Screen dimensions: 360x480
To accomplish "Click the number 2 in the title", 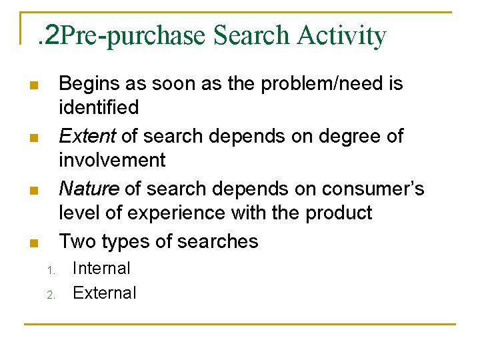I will click(51, 35).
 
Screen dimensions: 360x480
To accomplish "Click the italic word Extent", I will click(87, 136).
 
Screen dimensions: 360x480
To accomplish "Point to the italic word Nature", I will click(89, 189).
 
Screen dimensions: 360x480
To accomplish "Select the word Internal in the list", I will click(101, 269).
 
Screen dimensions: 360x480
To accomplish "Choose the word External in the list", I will click(104, 293).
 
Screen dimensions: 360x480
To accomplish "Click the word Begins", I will click(90, 84).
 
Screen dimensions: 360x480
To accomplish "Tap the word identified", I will click(99, 107).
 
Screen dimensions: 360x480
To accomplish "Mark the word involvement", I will click(112, 160).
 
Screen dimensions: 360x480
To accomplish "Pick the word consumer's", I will click(373, 189).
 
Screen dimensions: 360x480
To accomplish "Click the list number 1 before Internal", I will click(50, 270).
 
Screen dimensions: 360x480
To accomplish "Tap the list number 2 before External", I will click(50, 294).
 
